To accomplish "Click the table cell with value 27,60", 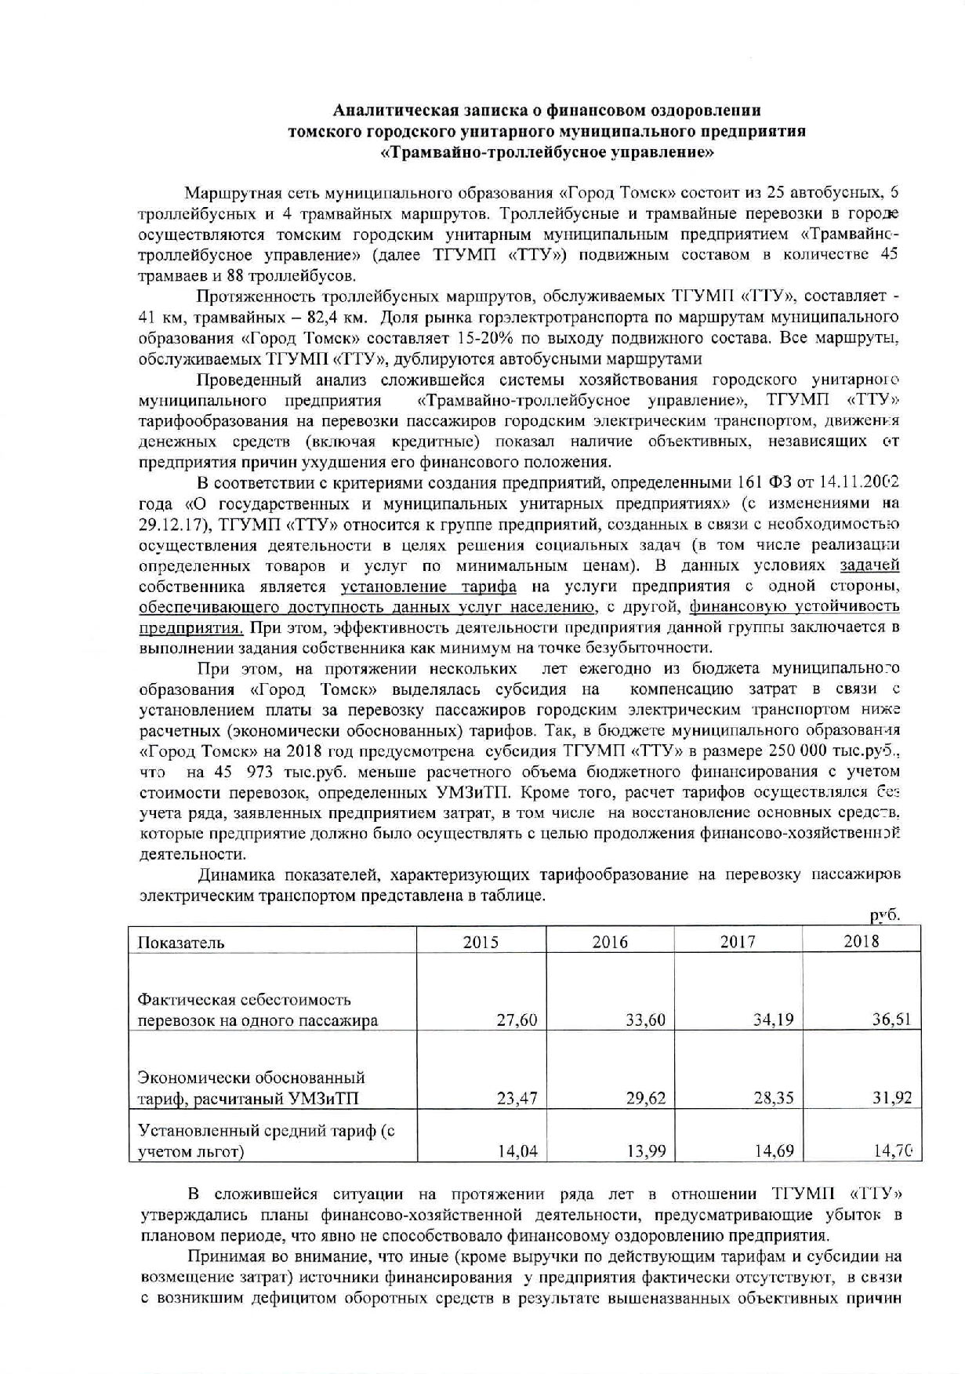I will (x=517, y=1020).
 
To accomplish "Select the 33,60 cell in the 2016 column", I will (x=645, y=1020).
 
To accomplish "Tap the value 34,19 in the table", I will (x=773, y=1020).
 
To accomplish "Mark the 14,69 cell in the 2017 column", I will (x=774, y=1151).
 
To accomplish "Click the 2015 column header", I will (x=481, y=942).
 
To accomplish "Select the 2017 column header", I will (x=738, y=942).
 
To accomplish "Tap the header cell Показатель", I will (x=181, y=943).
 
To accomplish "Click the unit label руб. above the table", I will (x=885, y=915).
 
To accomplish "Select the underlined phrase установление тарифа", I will (x=428, y=587).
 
